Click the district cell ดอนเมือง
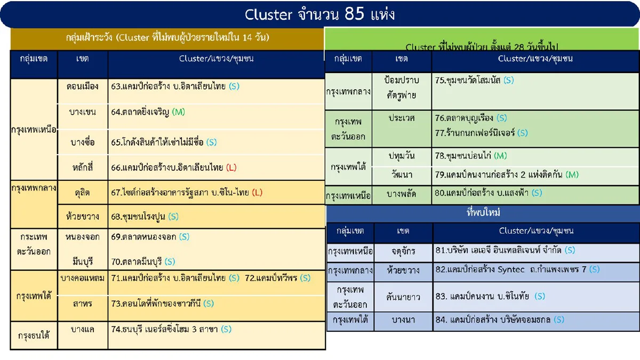pyautogui.click(x=82, y=85)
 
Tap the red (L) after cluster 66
pyautogui.click(x=231, y=167)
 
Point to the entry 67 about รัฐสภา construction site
pyautogui.click(x=187, y=193)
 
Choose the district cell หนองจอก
pyautogui.click(x=82, y=236)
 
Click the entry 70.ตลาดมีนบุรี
pyautogui.click(x=143, y=261)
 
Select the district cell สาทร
pyautogui.click(x=82, y=303)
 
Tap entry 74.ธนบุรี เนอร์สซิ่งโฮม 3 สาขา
pyautogui.click(x=171, y=329)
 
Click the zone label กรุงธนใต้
pyautogui.click(x=34, y=336)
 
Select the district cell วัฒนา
pyautogui.click(x=402, y=174)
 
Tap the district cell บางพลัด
pyautogui.click(x=402, y=194)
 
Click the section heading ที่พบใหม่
pyautogui.click(x=483, y=213)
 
